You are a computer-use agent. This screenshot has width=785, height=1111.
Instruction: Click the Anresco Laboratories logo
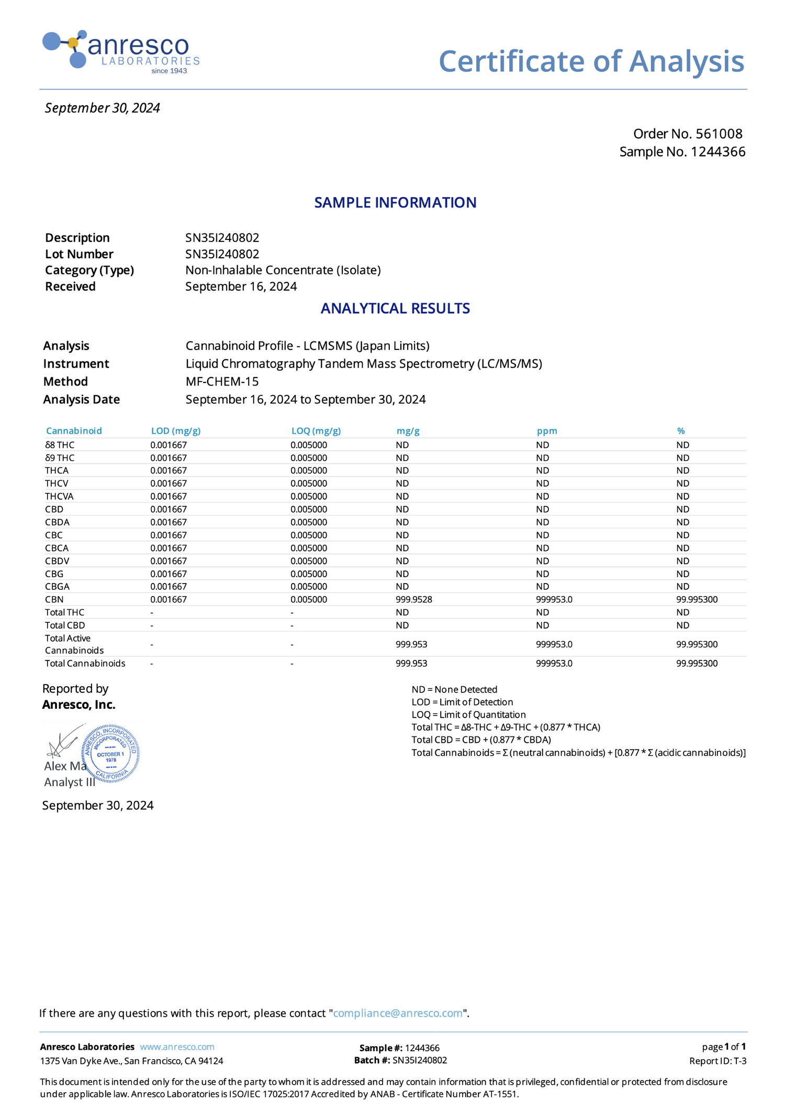(x=121, y=51)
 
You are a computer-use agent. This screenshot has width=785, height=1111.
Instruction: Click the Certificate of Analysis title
(x=591, y=61)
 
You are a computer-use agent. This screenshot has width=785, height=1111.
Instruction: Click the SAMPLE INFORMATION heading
(x=395, y=203)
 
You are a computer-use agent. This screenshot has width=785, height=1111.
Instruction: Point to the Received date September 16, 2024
(x=241, y=287)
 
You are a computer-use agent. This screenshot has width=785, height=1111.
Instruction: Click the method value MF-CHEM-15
(x=222, y=381)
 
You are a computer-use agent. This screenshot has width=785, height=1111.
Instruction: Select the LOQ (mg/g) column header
(x=316, y=431)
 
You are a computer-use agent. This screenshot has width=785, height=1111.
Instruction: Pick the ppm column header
(x=546, y=431)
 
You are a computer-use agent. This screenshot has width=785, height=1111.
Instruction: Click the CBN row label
(x=54, y=599)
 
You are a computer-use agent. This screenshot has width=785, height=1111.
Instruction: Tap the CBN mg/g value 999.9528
(x=413, y=599)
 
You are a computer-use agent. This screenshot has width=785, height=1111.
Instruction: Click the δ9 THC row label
(x=60, y=458)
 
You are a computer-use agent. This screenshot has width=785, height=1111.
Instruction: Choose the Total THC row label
(x=64, y=612)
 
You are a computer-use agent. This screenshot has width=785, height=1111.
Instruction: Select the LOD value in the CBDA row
(x=168, y=522)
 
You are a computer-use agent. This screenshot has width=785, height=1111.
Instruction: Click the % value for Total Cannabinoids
(x=697, y=663)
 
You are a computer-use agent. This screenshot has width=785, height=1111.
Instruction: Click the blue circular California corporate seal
(x=111, y=754)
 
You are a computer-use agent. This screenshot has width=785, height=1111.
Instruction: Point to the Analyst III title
(x=69, y=782)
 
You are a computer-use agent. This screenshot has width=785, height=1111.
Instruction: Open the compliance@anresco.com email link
(x=398, y=1013)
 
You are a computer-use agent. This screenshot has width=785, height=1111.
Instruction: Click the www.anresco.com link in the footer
(x=177, y=1047)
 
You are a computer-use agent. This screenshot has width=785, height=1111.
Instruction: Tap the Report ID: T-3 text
(x=717, y=1061)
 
